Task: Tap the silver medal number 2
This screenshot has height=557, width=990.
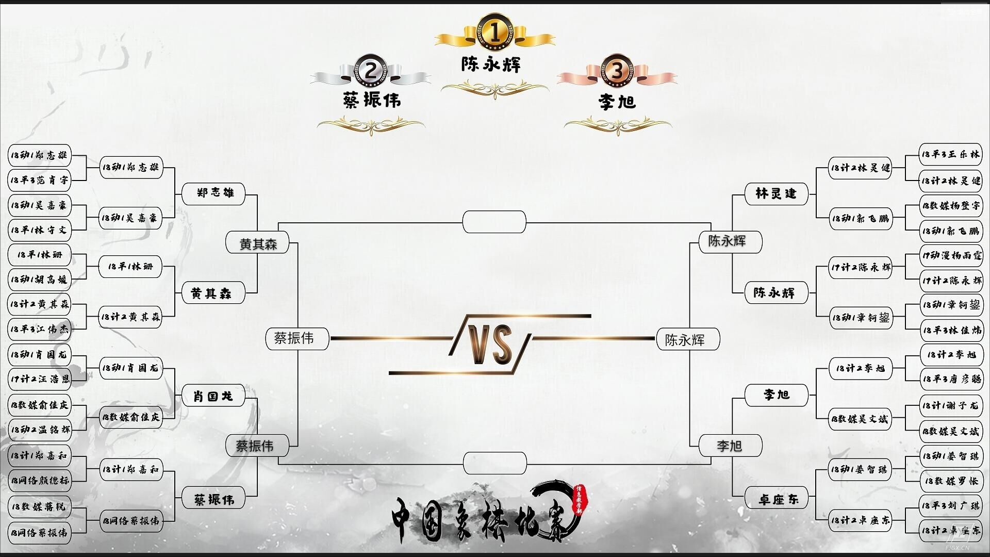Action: [371, 70]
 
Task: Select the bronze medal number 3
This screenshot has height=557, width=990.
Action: [617, 71]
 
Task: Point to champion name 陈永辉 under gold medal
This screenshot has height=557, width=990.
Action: [491, 64]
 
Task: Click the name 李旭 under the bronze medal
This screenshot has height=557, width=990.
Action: [617, 102]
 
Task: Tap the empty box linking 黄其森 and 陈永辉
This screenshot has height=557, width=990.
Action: [494, 222]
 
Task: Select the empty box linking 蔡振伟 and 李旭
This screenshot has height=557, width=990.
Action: [494, 463]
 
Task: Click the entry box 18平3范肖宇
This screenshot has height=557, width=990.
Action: [40, 180]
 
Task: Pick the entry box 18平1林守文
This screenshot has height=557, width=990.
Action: [40, 230]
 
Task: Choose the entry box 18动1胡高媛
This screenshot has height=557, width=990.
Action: [40, 280]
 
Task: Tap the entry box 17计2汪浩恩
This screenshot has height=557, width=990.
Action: [40, 379]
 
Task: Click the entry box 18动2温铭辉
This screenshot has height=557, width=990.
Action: [40, 429]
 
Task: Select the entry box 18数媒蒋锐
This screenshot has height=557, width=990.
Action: [40, 506]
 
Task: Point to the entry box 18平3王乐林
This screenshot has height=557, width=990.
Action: [951, 154]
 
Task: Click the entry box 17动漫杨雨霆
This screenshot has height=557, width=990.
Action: [951, 255]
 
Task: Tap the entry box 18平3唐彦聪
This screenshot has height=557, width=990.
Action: [951, 379]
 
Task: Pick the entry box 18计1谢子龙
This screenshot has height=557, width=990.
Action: [951, 405]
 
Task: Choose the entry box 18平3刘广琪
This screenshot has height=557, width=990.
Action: [951, 505]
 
